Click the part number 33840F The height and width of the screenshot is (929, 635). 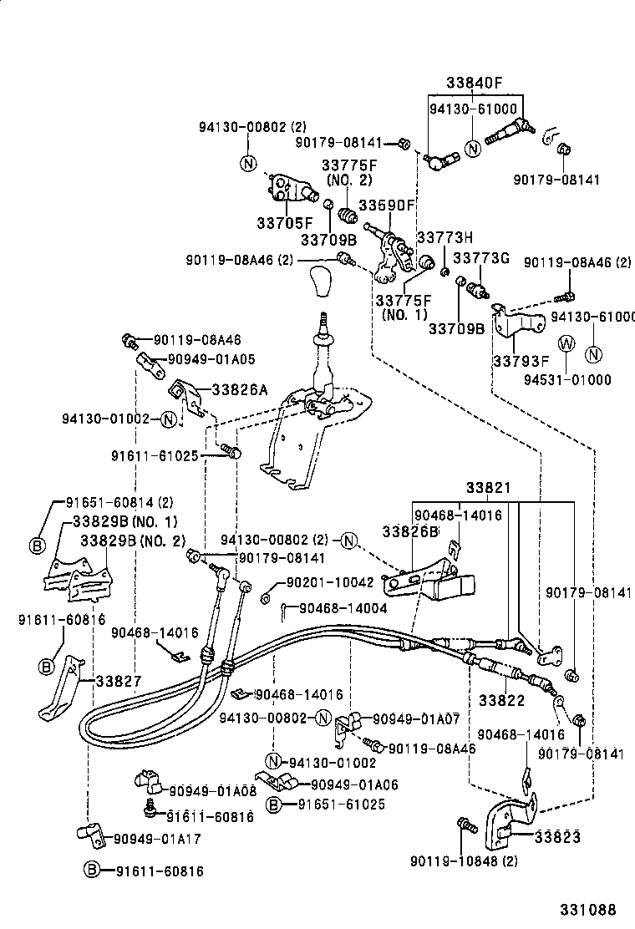click(x=474, y=84)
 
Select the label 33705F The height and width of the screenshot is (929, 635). click(x=284, y=223)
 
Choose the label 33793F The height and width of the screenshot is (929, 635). click(x=521, y=362)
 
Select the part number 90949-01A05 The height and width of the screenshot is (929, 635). click(x=211, y=359)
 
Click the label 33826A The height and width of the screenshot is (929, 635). click(x=240, y=389)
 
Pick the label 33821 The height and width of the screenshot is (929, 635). click(x=489, y=487)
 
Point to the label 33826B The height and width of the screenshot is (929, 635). click(x=410, y=530)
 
